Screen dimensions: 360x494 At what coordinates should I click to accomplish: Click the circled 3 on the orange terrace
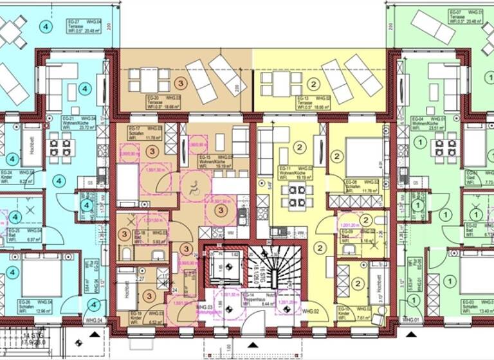[x=181, y=84]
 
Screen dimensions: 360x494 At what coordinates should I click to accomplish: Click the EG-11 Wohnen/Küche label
[x=293, y=170]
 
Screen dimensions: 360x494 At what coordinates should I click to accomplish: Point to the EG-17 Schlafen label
[x=140, y=132]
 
